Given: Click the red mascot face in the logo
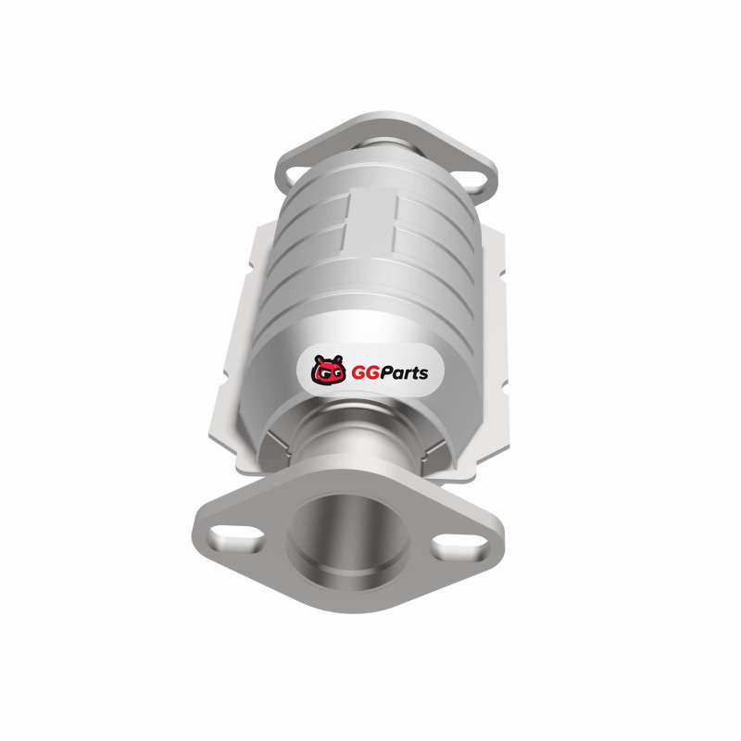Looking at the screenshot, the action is (328, 370).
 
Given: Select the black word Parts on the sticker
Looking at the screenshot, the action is (404, 373).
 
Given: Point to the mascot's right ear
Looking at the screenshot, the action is (337, 359).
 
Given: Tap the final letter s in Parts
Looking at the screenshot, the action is (423, 374).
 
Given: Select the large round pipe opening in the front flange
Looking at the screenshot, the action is (348, 538).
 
